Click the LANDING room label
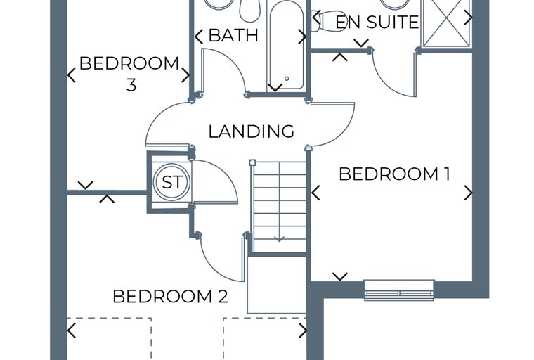coord(252,131)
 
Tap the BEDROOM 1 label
coord(394,174)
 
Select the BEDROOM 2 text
coord(170,296)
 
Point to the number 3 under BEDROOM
coord(131,85)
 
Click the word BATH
coord(233,35)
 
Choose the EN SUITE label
coord(377,22)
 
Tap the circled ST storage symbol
coord(171,181)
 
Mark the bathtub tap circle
coord(287,79)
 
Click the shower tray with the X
coord(446,22)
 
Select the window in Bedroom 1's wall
coord(399,290)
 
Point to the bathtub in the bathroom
coord(286,46)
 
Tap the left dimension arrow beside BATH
coord(199,37)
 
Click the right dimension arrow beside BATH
coord(302,37)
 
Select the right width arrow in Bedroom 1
coord(469,193)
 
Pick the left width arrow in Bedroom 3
coord(72,75)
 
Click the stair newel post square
coord(252,162)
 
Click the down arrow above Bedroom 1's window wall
coord(340,276)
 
